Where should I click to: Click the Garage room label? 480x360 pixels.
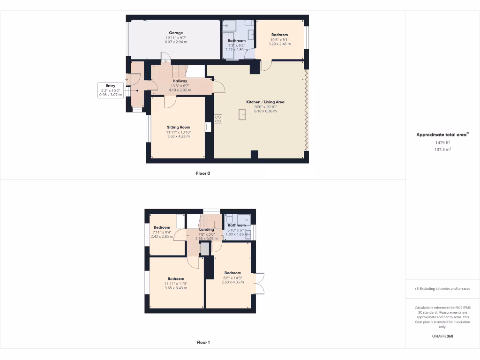click(176, 33)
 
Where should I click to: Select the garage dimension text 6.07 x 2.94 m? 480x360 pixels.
click(176, 42)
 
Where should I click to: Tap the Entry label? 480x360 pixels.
click(111, 86)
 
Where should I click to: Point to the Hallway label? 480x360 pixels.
click(180, 81)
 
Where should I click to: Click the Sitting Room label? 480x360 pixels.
click(179, 127)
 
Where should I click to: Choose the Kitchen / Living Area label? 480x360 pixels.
click(265, 102)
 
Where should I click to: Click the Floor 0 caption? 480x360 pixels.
click(203, 173)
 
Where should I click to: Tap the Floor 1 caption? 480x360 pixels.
click(203, 343)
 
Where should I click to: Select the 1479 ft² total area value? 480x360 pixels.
click(442, 142)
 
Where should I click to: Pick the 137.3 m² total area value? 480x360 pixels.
click(442, 150)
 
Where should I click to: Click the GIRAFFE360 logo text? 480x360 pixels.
click(442, 336)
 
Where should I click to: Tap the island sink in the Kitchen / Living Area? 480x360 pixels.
click(243, 114)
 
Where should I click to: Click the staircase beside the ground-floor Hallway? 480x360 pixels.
click(180, 71)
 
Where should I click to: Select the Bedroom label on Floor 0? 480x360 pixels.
click(279, 35)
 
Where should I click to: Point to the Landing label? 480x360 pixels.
click(206, 230)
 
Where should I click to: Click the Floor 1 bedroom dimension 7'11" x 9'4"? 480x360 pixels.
click(162, 232)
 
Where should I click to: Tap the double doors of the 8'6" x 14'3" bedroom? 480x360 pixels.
click(260, 284)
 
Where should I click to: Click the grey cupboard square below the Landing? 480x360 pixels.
click(204, 250)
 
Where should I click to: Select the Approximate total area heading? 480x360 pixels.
click(442, 135)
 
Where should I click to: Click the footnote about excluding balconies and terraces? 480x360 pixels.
click(442, 289)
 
